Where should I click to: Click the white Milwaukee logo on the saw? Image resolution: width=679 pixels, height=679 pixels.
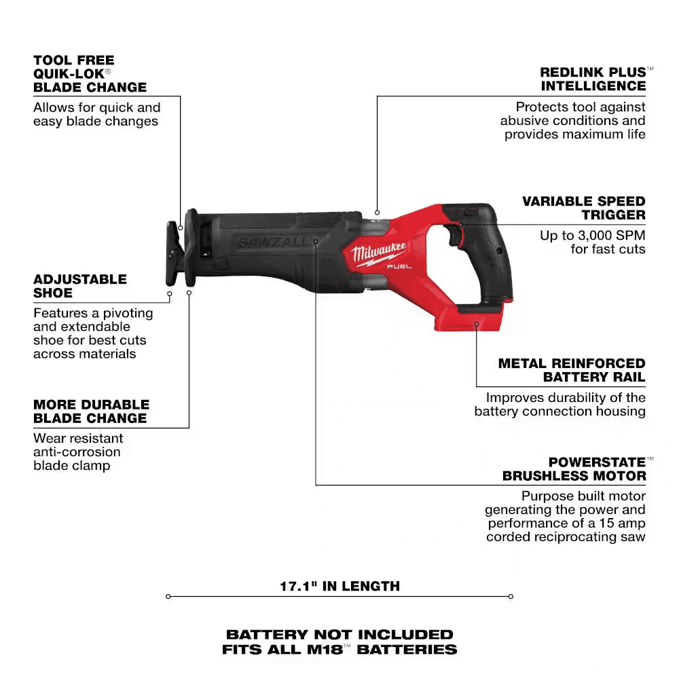point(379,254)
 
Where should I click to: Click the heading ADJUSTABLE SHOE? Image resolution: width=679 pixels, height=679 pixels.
point(80,286)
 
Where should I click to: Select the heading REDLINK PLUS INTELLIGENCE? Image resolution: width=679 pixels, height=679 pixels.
point(593,79)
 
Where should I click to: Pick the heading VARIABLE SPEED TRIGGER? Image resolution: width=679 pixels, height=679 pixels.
point(583,208)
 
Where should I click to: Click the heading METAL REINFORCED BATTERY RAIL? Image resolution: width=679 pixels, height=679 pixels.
point(572,370)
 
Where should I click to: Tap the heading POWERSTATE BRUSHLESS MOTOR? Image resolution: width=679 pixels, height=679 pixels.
point(574,469)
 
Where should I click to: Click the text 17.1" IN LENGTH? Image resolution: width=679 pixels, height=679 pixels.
point(339,586)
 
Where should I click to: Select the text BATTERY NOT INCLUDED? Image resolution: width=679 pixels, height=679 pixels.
point(339,634)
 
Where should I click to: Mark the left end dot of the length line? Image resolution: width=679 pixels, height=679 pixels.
point(168,597)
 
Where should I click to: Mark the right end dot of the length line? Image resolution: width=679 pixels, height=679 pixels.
point(511,597)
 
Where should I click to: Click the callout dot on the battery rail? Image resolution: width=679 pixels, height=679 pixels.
point(477,325)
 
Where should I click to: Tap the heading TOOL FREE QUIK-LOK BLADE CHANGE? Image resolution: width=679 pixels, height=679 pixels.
point(90,73)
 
